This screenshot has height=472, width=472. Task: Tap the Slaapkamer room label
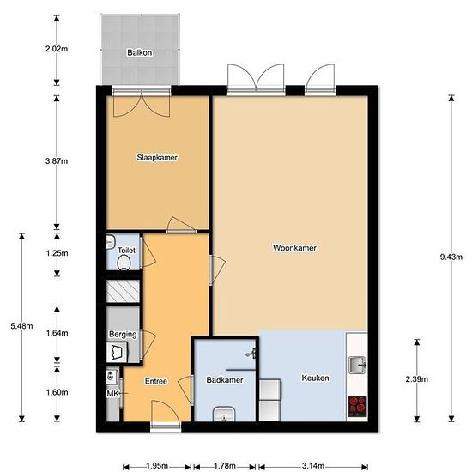point(157,157)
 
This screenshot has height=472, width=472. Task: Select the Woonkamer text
point(294,248)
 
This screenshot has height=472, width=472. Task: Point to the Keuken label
point(315,377)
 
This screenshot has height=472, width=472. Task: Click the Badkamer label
point(224,379)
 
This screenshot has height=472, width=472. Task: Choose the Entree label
point(155,381)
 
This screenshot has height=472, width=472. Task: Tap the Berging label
point(123,334)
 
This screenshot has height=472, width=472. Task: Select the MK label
point(112,394)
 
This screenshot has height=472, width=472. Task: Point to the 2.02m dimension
point(57,48)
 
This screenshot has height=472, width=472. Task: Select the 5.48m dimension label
point(20,325)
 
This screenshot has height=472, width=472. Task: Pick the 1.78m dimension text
point(225,466)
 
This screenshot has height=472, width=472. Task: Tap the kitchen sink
point(358,366)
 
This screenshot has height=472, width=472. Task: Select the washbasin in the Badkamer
point(224,415)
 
